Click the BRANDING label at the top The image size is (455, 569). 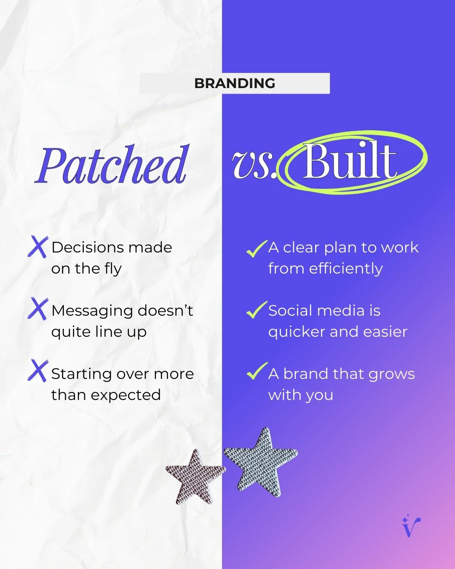(235, 83)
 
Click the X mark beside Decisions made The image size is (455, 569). (38, 247)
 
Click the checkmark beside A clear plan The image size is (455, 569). (256, 249)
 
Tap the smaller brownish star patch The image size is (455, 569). (195, 476)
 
